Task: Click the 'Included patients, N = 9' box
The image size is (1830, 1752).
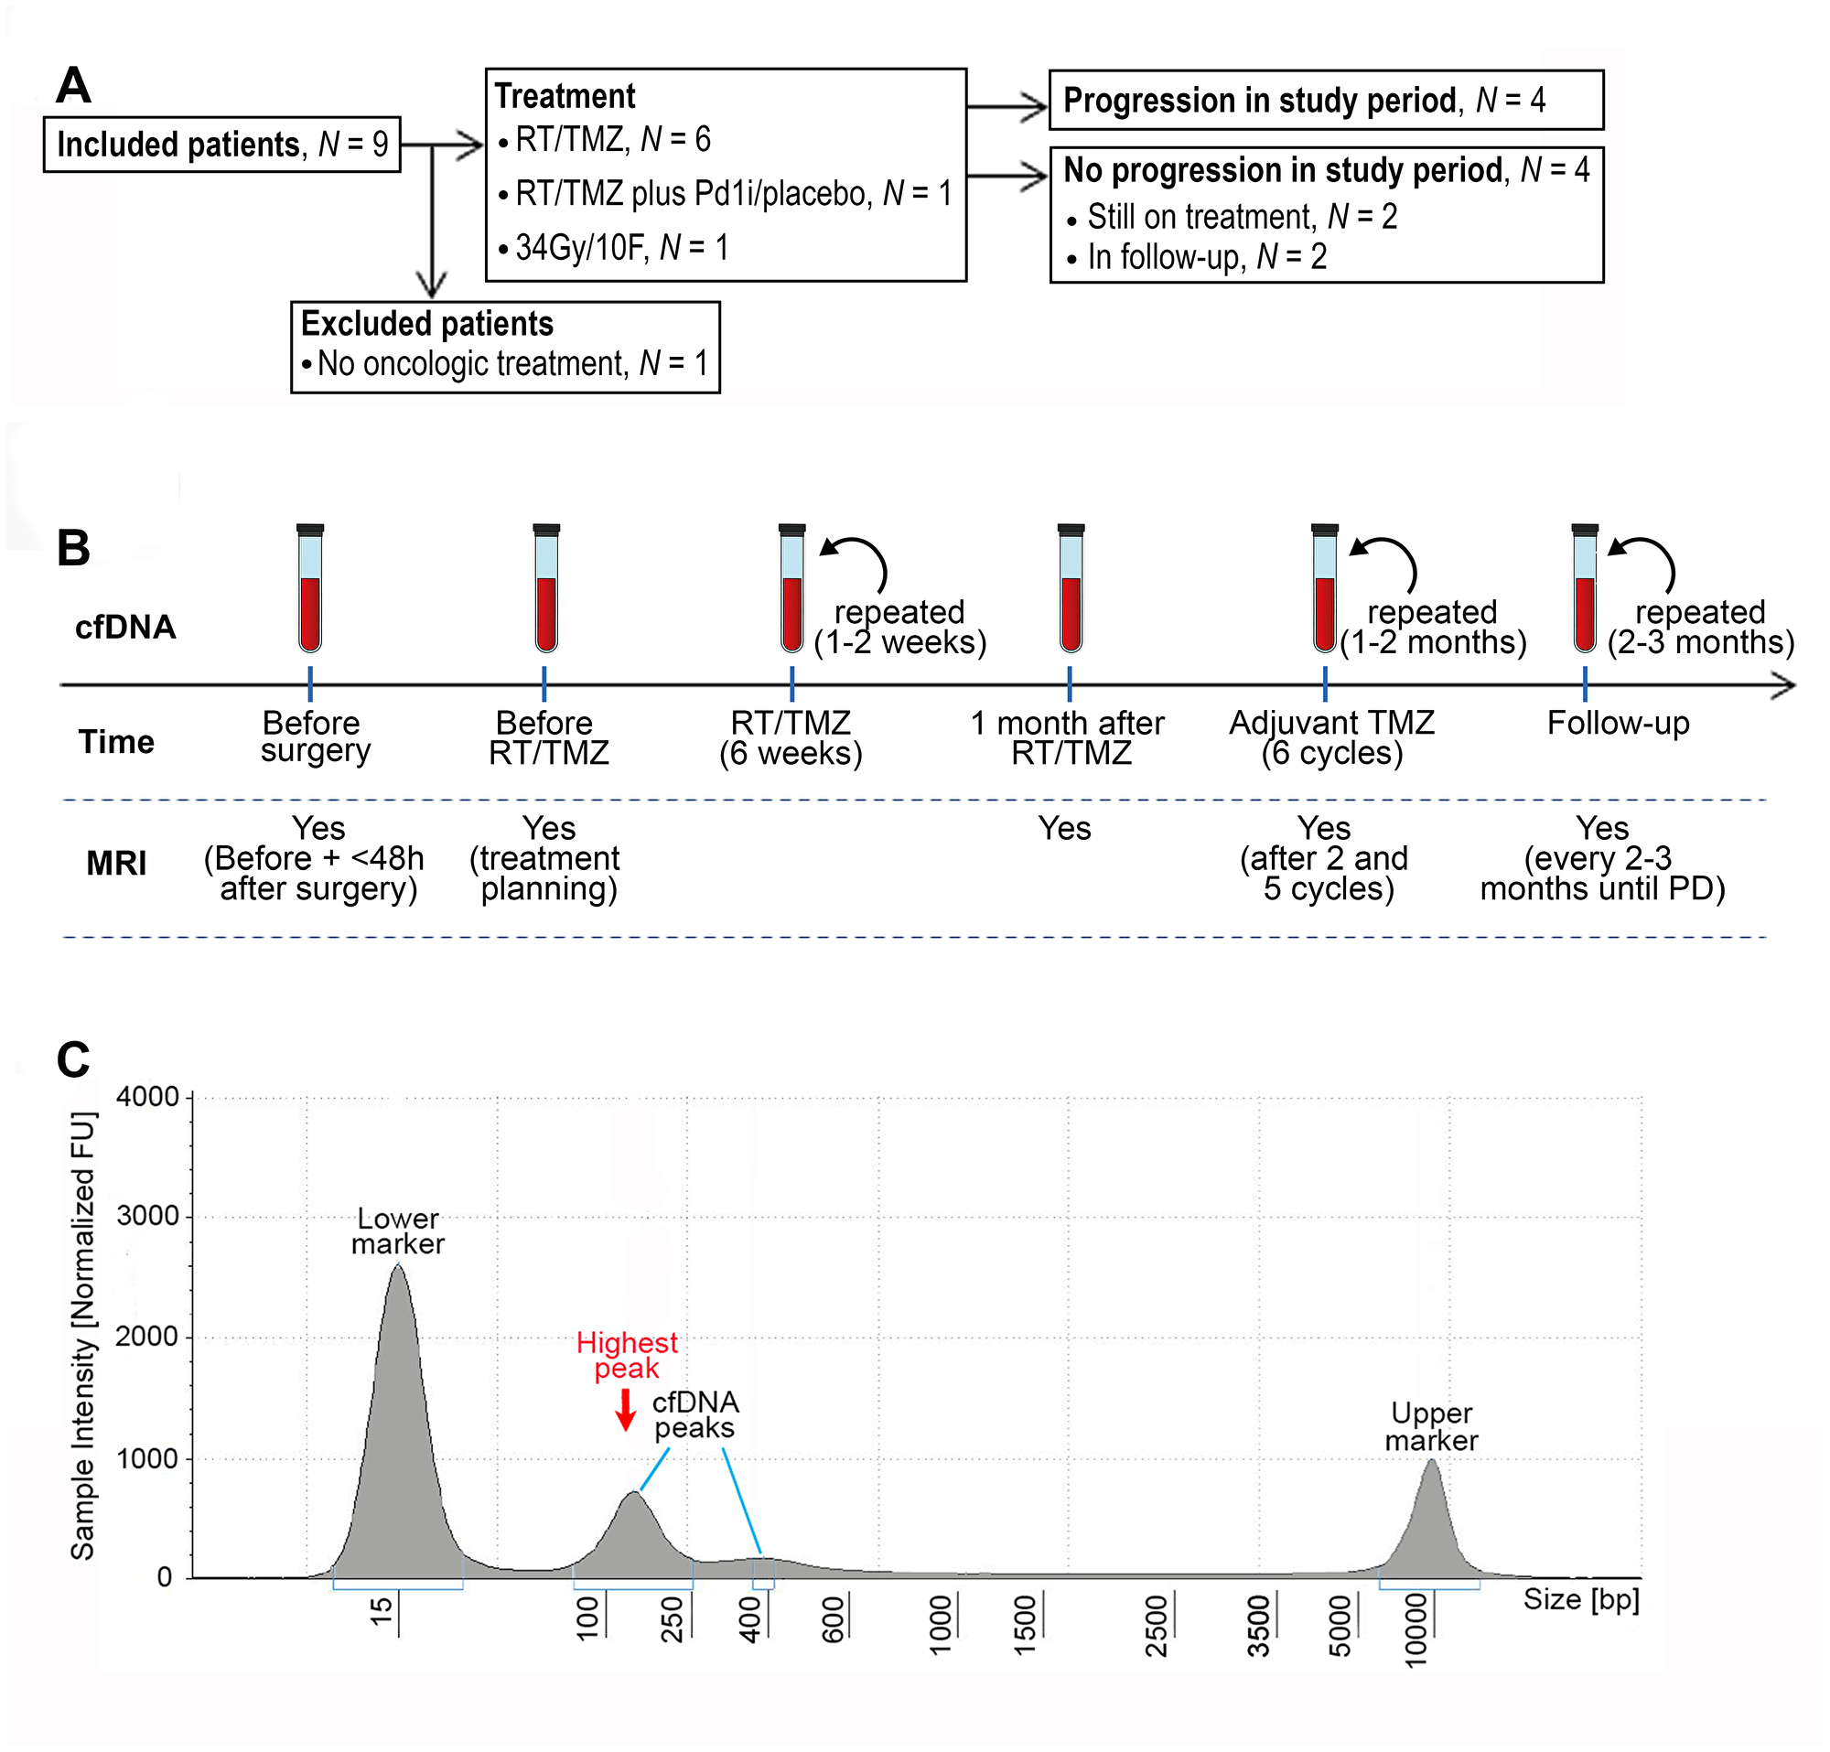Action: (x=221, y=145)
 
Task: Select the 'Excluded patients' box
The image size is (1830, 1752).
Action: (x=505, y=347)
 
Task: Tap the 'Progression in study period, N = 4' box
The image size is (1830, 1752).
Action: (x=1326, y=100)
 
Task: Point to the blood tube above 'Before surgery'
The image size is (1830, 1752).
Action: (x=310, y=588)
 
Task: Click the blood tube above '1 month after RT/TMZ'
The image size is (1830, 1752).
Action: (x=1071, y=588)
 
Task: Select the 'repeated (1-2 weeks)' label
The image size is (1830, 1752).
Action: (x=899, y=628)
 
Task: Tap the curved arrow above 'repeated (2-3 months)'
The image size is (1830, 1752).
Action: (x=1647, y=559)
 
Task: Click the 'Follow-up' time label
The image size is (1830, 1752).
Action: (x=1617, y=724)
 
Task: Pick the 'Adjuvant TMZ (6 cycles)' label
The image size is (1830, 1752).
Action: (x=1331, y=737)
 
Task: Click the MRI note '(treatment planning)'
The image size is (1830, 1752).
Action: (x=548, y=873)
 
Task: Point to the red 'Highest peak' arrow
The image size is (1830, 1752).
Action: (x=626, y=1411)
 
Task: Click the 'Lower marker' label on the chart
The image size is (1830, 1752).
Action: (x=398, y=1231)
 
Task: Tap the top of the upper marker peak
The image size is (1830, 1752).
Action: (x=1431, y=1462)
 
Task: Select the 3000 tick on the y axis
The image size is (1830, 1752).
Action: (x=147, y=1216)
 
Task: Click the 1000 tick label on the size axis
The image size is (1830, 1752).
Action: (x=941, y=1624)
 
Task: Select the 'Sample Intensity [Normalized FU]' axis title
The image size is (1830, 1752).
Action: (x=83, y=1335)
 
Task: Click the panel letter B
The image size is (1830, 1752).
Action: (x=74, y=548)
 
